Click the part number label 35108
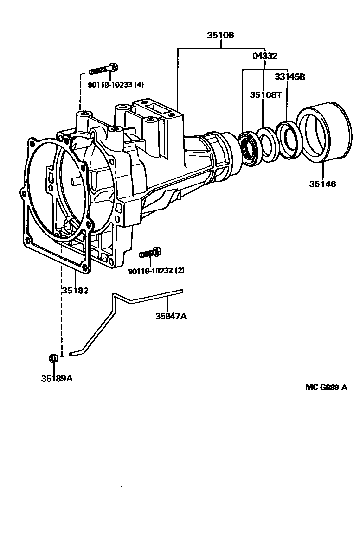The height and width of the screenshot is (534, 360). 220,35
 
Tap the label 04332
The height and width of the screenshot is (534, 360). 264,56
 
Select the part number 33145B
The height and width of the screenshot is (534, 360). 290,77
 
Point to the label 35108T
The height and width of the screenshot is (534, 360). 266,95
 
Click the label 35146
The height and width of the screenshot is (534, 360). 322,184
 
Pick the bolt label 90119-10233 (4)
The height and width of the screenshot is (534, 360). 116,85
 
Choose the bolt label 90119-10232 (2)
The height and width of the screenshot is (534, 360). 156,271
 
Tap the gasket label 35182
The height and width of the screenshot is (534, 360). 75,291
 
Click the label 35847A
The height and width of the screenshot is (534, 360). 171,317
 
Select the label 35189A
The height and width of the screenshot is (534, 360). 57,378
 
